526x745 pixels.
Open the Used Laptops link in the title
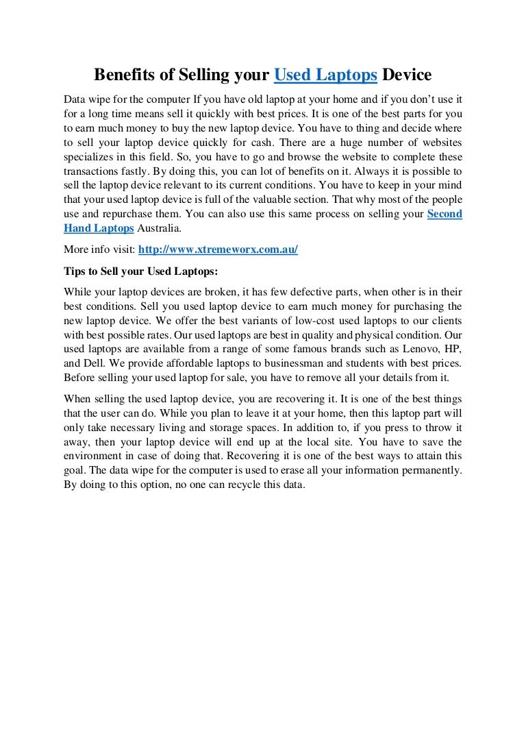(x=325, y=74)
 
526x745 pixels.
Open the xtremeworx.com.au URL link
(x=218, y=249)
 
